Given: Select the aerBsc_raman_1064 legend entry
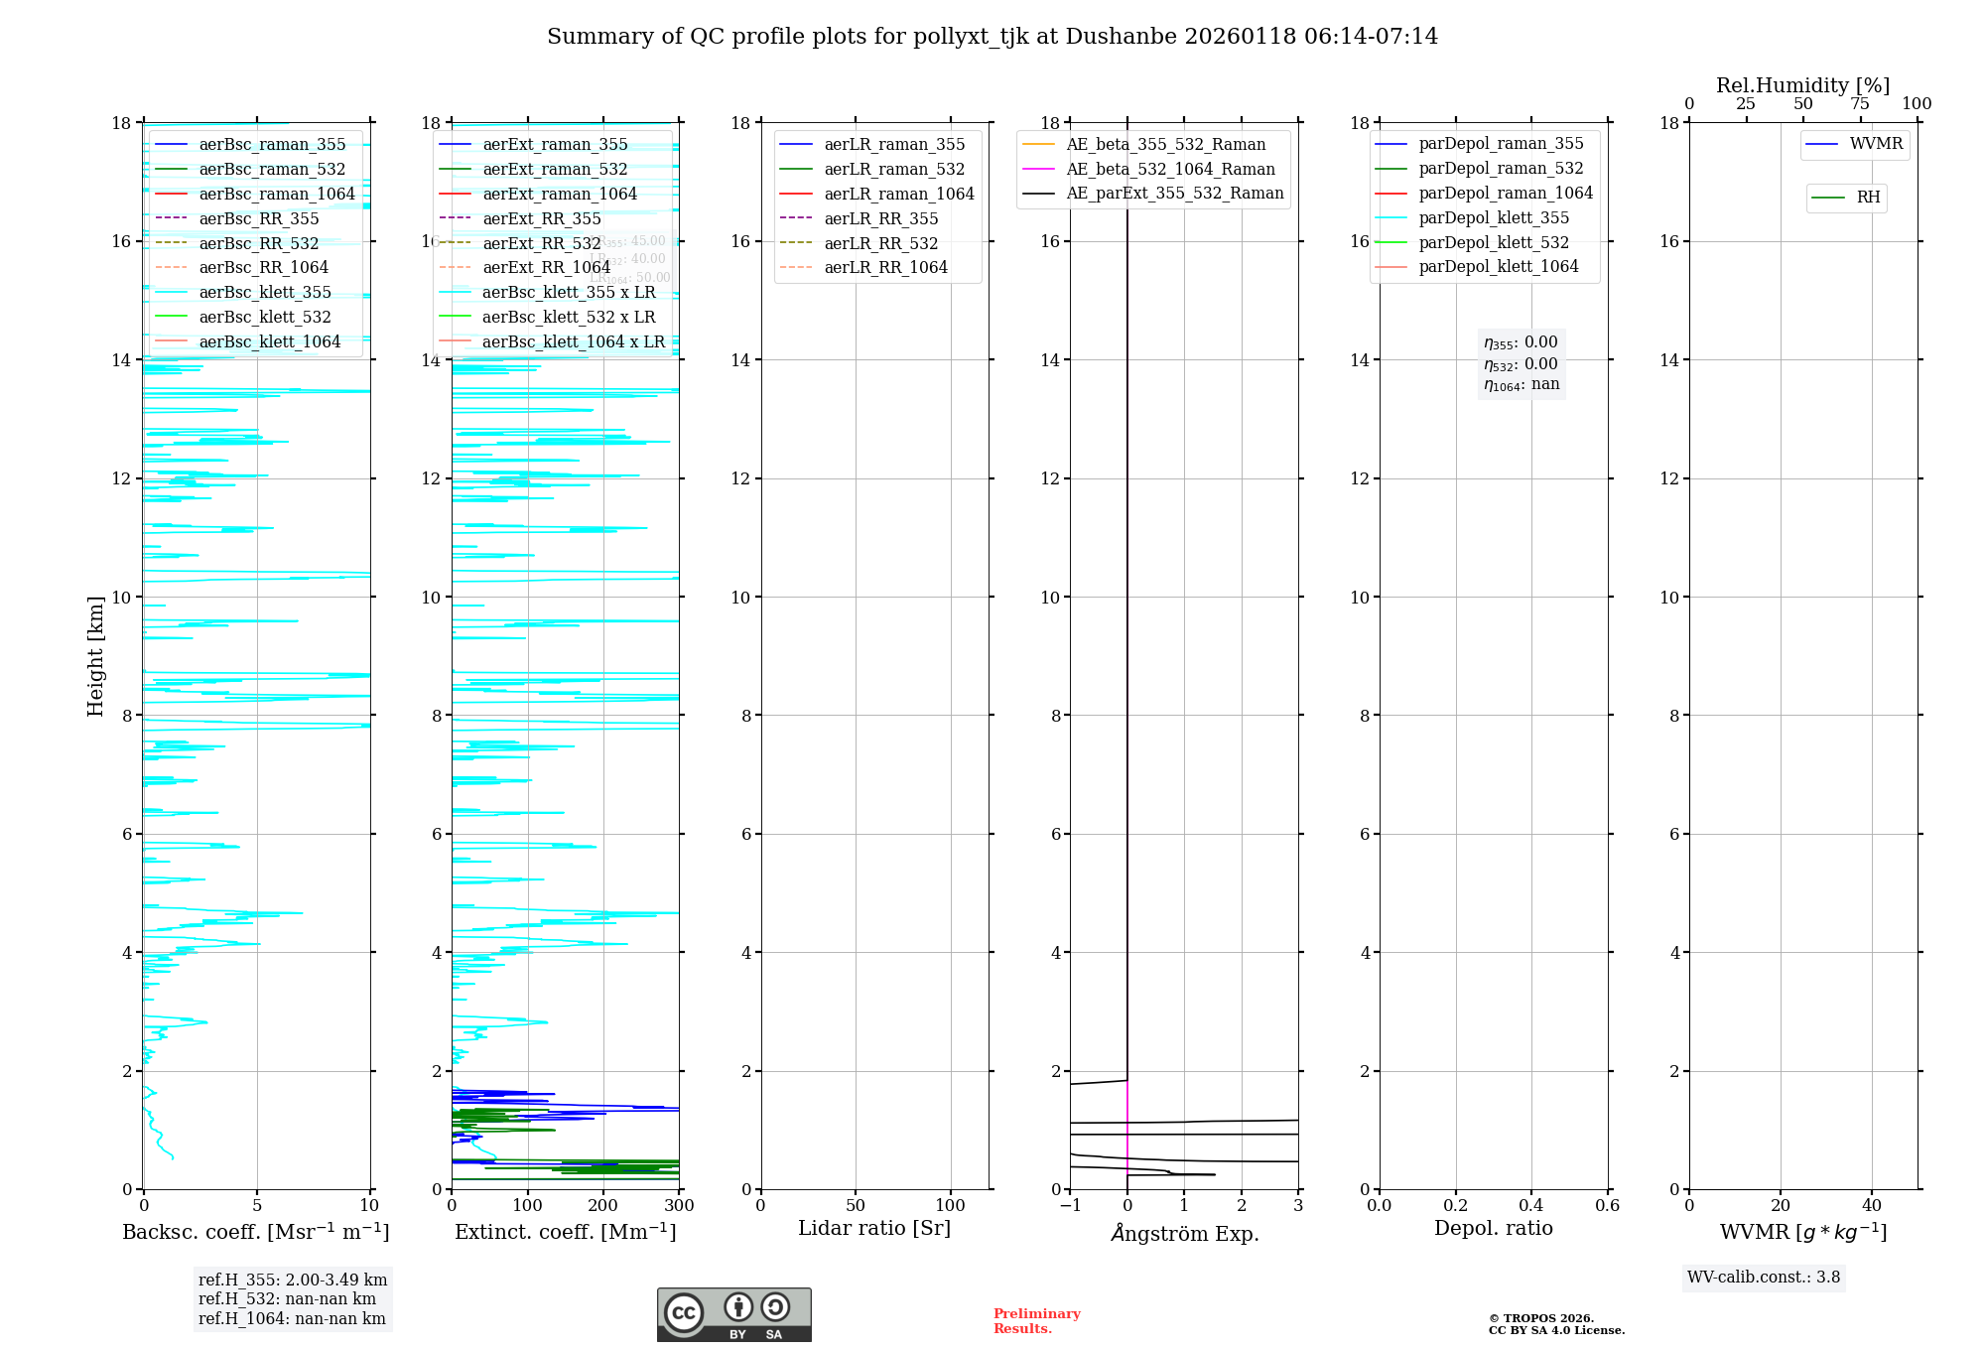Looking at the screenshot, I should coord(276,194).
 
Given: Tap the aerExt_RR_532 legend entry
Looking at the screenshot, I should coord(541,243).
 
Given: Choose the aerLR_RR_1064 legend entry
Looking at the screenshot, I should coord(885,267).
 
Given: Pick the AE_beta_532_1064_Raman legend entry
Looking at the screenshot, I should coord(1170,169).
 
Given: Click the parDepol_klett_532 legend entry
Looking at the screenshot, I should coord(1494,242).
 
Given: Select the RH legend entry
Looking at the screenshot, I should coord(1868,198).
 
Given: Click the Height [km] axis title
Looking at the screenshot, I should coord(95,655).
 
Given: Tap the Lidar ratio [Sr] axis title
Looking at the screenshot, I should coord(873,1228).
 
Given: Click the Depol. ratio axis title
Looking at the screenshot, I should coord(1493,1228).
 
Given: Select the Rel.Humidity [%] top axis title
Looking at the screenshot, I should coord(1802,85).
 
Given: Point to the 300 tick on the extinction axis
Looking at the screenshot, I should coord(679,1205).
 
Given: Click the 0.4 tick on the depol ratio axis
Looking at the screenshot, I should coord(1531,1205).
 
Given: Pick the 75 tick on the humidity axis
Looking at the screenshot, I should coord(1860,104).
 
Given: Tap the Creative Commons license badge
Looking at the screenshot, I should coord(733,1314).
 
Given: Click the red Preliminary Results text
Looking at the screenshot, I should coord(1036,1321).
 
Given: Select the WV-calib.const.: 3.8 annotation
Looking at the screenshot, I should coord(1763,1278).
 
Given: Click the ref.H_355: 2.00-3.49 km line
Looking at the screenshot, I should coord(293,1280).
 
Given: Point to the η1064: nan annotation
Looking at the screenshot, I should coord(1521,385).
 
